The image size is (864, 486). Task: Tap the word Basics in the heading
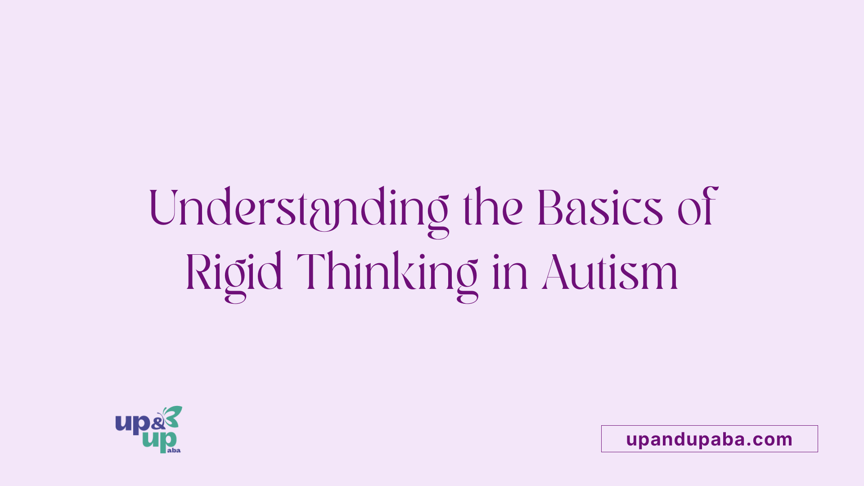(600, 207)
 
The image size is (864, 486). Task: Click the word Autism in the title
(610, 273)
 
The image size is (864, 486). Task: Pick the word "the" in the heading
(493, 207)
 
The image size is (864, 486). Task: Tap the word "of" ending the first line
(697, 207)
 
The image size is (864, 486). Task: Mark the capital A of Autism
(556, 272)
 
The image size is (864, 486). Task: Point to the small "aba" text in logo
(174, 450)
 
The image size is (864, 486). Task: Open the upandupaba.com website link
(709, 439)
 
